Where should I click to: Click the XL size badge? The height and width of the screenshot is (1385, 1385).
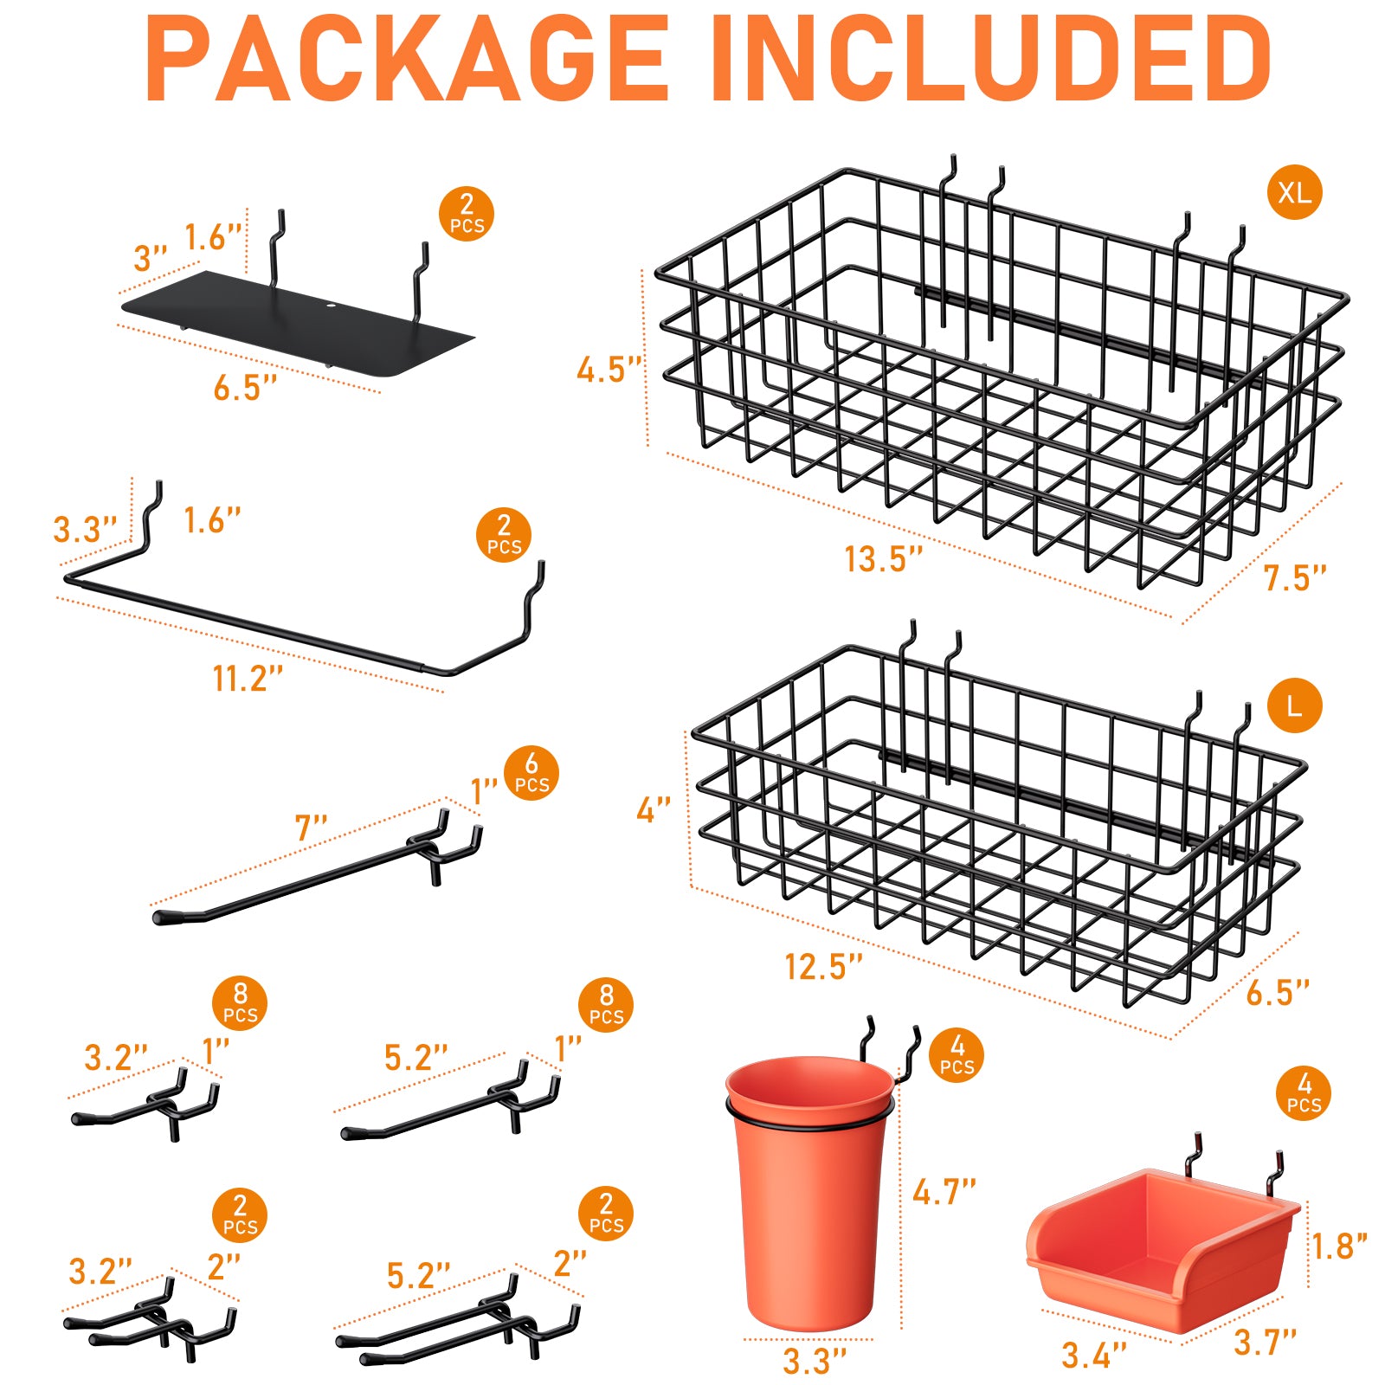(1294, 192)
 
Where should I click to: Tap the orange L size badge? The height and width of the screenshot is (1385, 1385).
(1294, 705)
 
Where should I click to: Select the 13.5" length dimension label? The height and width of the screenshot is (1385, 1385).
(884, 559)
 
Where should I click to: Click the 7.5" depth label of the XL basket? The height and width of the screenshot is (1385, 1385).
(1295, 578)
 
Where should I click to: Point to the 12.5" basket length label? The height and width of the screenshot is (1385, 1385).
(823, 967)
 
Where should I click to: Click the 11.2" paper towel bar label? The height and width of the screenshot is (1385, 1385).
(248, 679)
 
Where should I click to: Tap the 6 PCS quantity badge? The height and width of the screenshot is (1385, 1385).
(531, 773)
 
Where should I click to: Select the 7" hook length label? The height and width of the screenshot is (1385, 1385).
(311, 828)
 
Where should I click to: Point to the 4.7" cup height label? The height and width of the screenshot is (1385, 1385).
(944, 1192)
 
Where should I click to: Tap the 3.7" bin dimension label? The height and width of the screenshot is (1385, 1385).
(1265, 1343)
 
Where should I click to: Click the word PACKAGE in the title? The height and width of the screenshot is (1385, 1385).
(407, 59)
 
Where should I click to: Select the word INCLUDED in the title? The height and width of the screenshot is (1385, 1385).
(990, 59)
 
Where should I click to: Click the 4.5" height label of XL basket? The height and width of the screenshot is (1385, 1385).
(610, 370)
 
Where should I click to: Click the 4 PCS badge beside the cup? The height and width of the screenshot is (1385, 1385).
(957, 1054)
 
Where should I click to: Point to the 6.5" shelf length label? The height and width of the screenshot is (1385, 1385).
(246, 388)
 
